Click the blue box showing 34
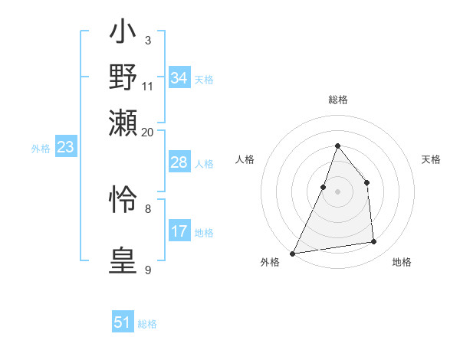coord(179,78)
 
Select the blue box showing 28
coord(179,162)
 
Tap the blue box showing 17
coord(179,231)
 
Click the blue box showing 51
coord(123,322)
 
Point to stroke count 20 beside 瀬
coord(148,132)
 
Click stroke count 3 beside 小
coord(147,40)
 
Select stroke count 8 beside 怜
coord(148,208)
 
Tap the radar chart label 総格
coord(337,100)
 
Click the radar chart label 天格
coord(431,159)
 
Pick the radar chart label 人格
coord(245,159)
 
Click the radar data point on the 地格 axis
coord(374,242)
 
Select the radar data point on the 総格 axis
coord(337,146)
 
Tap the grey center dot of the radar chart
coord(337,191)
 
